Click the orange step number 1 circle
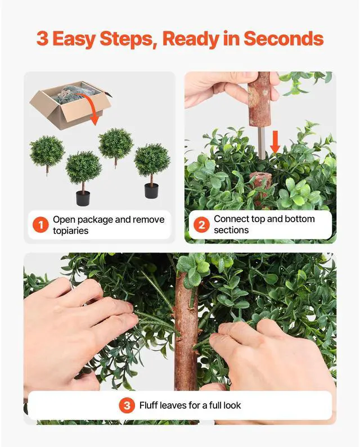40,225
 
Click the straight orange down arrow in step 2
275,141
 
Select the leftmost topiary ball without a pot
47,151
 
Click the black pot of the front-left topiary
83,198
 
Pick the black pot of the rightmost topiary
151,190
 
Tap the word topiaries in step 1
71,231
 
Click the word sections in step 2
231,231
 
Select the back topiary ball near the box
115,143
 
